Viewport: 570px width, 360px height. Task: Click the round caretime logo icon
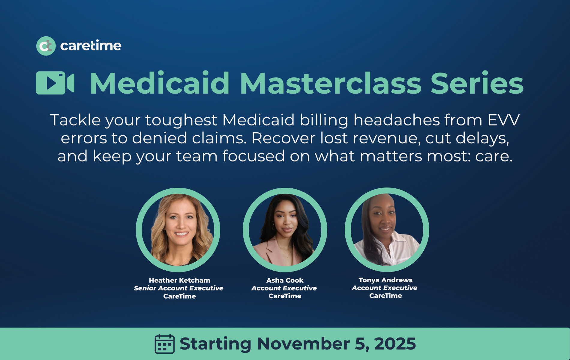(46, 46)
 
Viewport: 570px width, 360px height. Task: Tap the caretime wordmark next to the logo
(91, 46)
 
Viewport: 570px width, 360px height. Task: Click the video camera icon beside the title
(55, 83)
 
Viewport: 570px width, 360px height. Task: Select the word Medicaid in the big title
(160, 83)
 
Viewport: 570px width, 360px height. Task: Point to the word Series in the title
(477, 83)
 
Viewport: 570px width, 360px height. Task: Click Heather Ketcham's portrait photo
(178, 230)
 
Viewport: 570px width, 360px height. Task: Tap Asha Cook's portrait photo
(285, 230)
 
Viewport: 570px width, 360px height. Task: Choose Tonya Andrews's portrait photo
(387, 230)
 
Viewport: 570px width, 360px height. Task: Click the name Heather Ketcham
(179, 280)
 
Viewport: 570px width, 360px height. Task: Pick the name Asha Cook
(285, 280)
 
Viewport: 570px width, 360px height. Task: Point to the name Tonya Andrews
(385, 280)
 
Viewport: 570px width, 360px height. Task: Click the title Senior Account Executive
(178, 288)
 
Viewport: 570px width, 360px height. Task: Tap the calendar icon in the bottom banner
(164, 344)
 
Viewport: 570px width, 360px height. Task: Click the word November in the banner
(303, 344)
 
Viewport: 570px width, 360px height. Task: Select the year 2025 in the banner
(395, 344)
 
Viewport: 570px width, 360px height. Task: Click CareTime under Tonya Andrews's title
(385, 296)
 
